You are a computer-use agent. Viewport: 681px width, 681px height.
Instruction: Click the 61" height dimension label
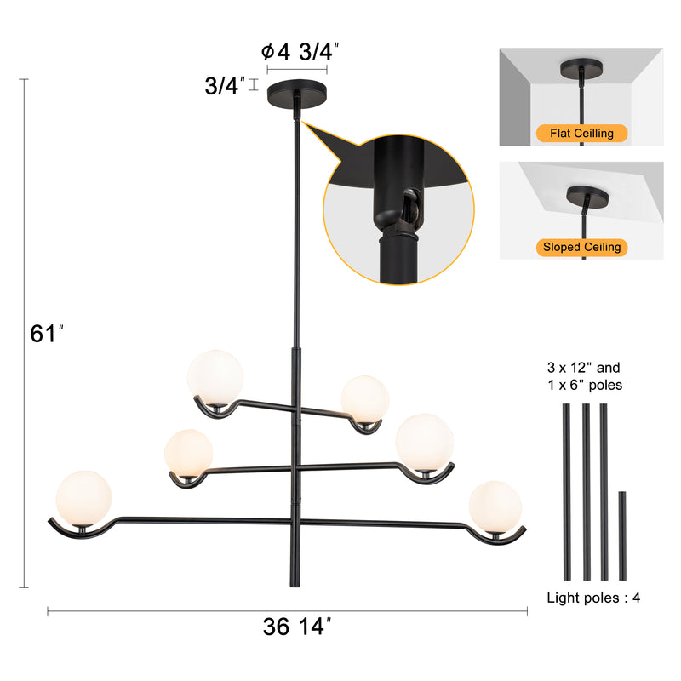click(x=47, y=334)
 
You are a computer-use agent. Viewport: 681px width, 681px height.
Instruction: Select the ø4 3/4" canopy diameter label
click(x=300, y=52)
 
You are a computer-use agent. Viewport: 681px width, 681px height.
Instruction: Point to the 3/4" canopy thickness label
click(x=225, y=85)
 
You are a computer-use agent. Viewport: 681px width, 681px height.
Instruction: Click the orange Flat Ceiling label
click(x=582, y=133)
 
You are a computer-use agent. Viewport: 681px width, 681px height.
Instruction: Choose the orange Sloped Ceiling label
click(x=582, y=247)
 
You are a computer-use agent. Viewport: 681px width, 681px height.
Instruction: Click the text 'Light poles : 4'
click(x=593, y=598)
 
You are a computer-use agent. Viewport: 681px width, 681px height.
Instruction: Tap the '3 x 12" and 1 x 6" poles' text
click(x=585, y=376)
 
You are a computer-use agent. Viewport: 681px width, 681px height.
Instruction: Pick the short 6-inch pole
click(x=622, y=535)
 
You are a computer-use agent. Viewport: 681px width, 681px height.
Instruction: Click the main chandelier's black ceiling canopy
click(x=297, y=90)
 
